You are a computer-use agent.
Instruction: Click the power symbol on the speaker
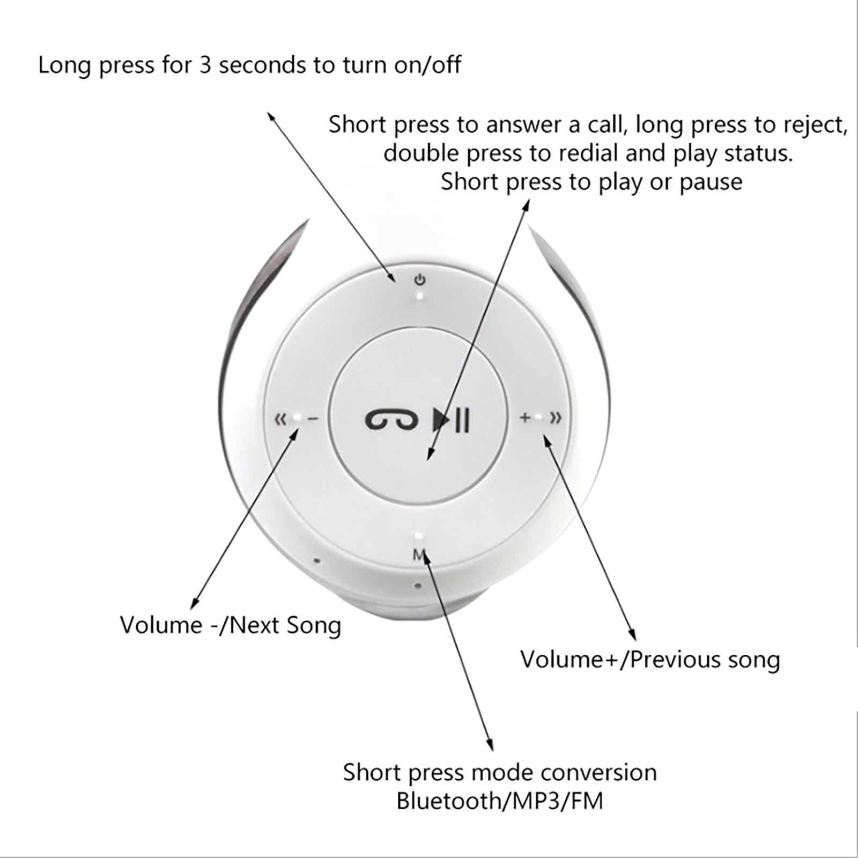420,280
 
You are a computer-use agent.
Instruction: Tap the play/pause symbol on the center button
452,419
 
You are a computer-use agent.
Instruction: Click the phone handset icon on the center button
391,420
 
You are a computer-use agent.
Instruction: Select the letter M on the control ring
419,555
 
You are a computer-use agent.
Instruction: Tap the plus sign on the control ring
526,417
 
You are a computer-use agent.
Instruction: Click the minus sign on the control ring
313,419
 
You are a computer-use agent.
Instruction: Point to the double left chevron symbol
280,419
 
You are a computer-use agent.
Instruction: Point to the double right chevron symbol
556,417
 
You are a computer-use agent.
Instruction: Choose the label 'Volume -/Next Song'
231,625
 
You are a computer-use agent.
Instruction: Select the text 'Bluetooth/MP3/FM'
500,801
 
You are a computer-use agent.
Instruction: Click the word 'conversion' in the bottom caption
598,773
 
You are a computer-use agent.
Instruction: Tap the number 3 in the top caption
205,65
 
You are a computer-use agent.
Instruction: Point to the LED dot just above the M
418,536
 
